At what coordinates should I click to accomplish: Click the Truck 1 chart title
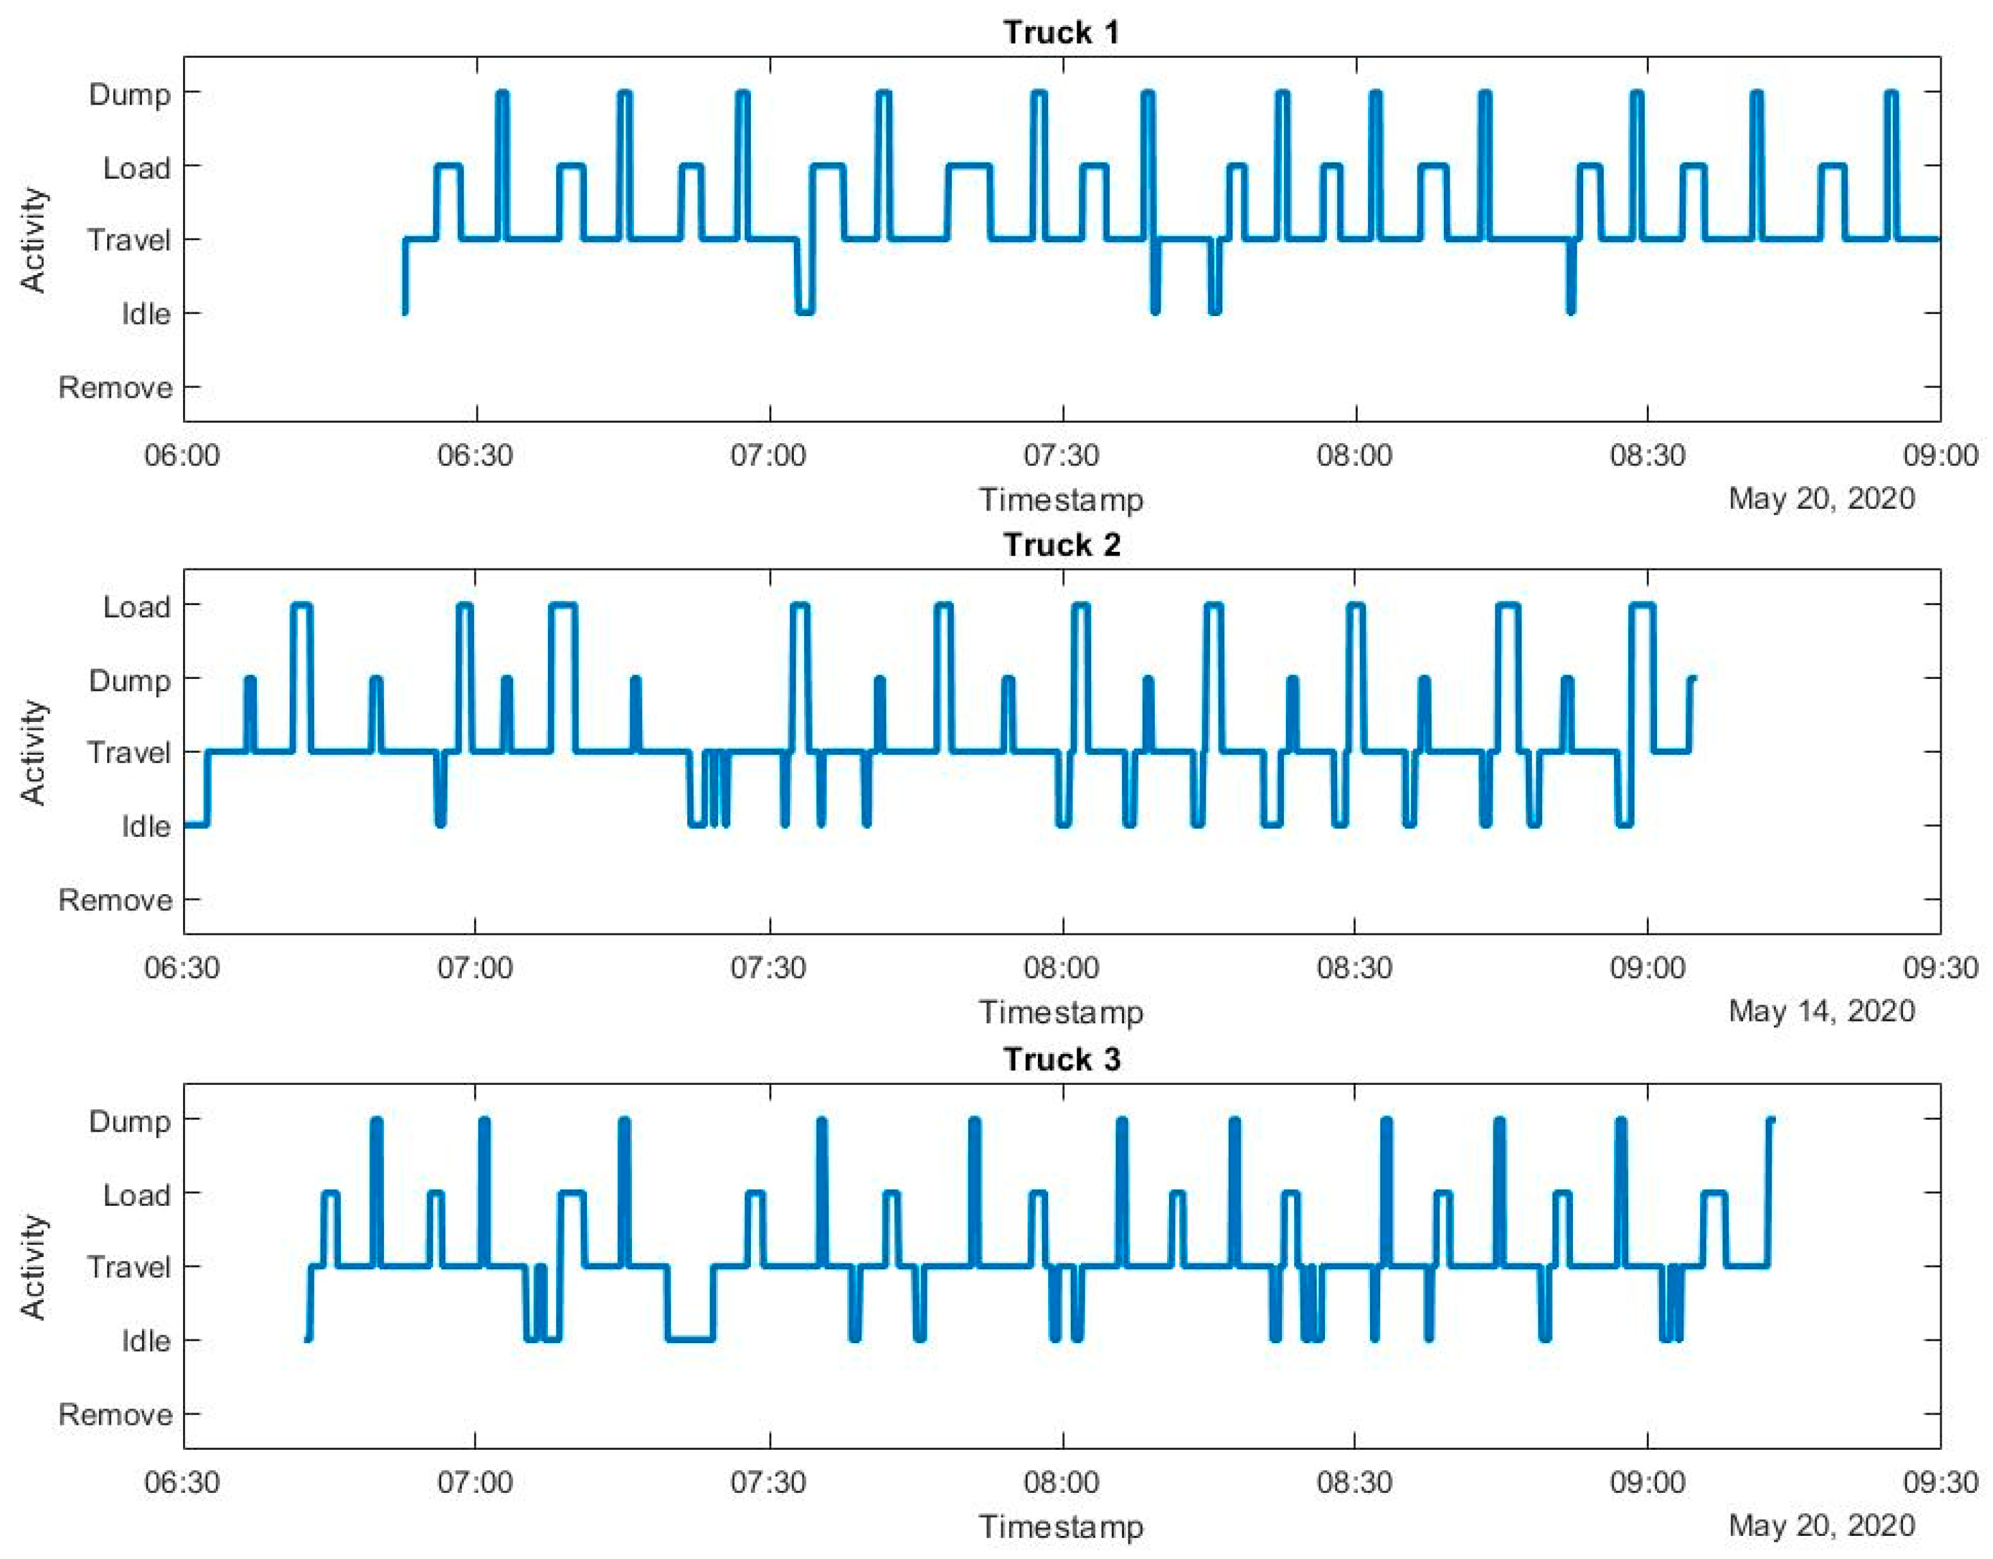tap(1061, 33)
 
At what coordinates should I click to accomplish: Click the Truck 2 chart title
tap(1061, 546)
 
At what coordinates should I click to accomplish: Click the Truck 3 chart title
tap(1061, 1060)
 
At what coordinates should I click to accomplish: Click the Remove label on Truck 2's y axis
tap(115, 901)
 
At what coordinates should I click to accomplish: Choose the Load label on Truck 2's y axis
tap(136, 607)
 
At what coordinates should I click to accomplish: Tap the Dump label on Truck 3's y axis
tap(130, 1122)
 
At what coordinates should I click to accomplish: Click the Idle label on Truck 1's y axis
tap(146, 314)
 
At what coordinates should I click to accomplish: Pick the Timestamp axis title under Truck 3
tap(1061, 1527)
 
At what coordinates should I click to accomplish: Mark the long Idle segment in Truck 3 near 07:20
tap(691, 1339)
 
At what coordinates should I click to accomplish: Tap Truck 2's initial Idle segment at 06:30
tap(196, 825)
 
